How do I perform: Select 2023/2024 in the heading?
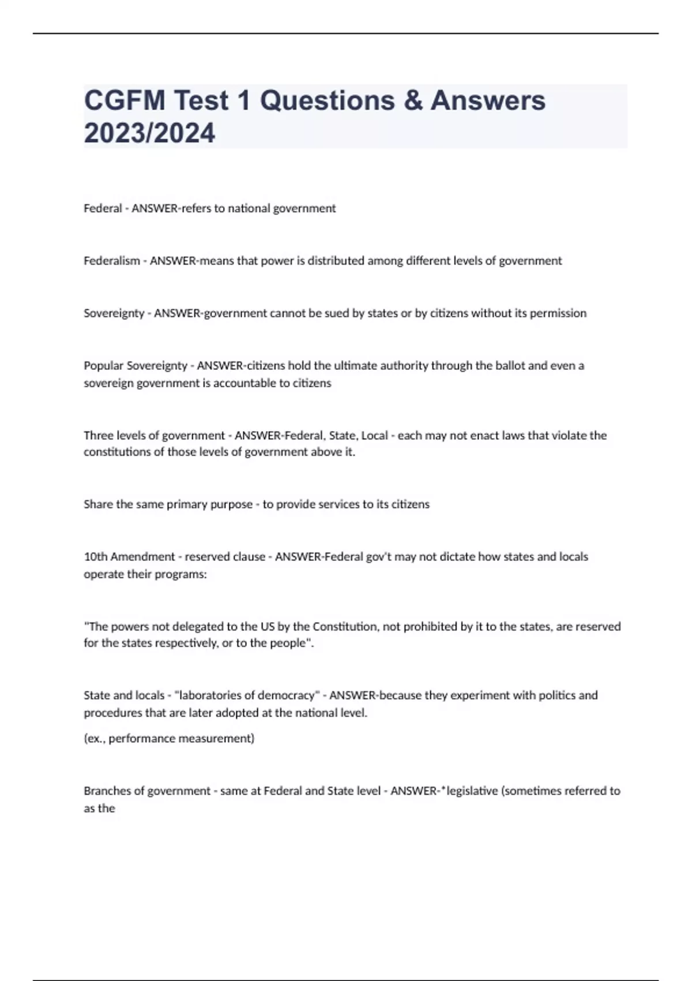coord(149,133)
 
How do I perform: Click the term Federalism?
coord(112,261)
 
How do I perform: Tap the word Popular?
coord(103,366)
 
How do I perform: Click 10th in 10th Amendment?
coord(95,557)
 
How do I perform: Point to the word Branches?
coord(106,791)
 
